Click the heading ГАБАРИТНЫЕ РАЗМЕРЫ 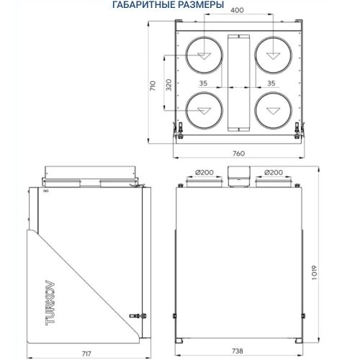[163, 6]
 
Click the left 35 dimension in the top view [204, 84]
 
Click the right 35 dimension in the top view [271, 84]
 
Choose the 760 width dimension [238, 153]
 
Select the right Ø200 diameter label [273, 173]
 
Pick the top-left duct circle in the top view [204, 55]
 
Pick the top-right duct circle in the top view [271, 55]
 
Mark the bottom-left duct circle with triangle [204, 111]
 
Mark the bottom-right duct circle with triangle [271, 111]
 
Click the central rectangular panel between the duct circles [238, 83]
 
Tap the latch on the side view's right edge [136, 315]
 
